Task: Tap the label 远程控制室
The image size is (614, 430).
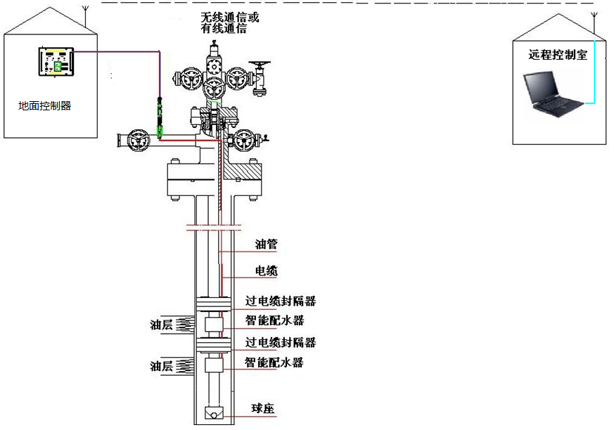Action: coord(558,55)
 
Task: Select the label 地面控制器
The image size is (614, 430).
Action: coord(45,106)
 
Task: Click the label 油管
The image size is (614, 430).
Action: coord(266,245)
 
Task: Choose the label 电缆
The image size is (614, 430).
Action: coord(266,271)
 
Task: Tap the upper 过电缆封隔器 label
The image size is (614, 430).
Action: coord(280,301)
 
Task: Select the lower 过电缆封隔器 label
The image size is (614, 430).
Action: coord(280,342)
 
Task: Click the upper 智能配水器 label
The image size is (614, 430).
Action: coord(274,321)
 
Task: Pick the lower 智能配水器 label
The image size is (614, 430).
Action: coord(274,363)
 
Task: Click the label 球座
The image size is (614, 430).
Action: coord(263,408)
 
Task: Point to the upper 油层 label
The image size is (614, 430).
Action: coord(161,325)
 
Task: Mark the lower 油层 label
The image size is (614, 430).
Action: coord(161,365)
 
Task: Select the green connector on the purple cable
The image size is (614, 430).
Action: coord(160,117)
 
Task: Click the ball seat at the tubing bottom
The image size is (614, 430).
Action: coord(213,415)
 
